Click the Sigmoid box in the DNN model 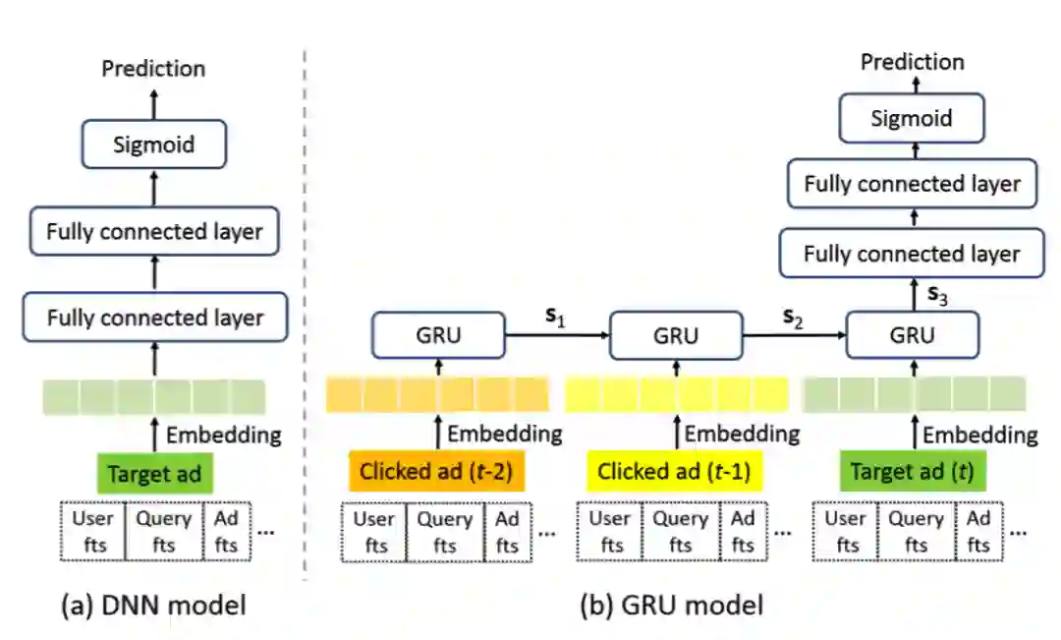click(x=154, y=145)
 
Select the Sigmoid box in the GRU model click(x=911, y=118)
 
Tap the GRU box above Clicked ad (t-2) click(x=438, y=336)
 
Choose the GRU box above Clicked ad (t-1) click(x=676, y=336)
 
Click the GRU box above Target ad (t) click(x=913, y=336)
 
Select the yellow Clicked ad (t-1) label click(x=674, y=471)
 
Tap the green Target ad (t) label click(x=912, y=471)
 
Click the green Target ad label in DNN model click(x=154, y=474)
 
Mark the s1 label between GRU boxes click(x=556, y=319)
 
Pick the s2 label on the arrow click(x=792, y=319)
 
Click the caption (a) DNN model click(x=152, y=605)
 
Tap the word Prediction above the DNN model click(x=154, y=68)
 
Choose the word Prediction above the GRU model click(x=913, y=62)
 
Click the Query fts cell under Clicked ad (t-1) click(x=682, y=532)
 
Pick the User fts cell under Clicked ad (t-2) click(x=373, y=532)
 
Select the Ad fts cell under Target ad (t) click(x=978, y=532)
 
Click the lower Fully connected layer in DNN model click(x=155, y=318)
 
